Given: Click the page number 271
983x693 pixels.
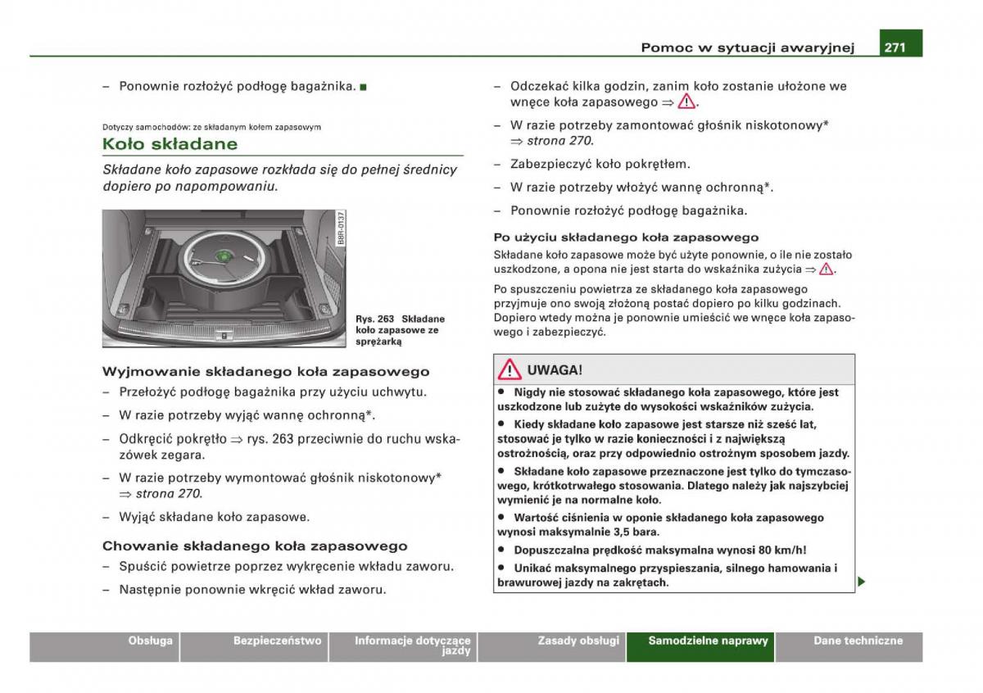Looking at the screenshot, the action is point(895,47).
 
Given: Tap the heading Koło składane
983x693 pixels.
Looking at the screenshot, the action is point(170,144).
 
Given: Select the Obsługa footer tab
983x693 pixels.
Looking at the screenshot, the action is point(105,646).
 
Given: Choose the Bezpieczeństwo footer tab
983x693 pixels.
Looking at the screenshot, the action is point(254,646).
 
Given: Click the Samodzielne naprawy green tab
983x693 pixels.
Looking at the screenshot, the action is point(700,646).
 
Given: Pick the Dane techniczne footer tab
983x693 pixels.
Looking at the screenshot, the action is point(849,646).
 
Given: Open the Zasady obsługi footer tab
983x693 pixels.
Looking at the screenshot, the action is point(551,646).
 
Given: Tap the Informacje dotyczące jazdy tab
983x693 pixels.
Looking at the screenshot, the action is point(402,646).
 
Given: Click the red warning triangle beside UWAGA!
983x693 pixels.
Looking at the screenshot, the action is point(509,369).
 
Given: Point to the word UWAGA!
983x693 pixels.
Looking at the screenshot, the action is point(555,370).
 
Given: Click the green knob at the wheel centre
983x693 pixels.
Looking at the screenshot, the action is point(224,256).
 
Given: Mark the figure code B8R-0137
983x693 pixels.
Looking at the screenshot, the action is point(341,228).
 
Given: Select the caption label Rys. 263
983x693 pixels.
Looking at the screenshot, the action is point(375,319).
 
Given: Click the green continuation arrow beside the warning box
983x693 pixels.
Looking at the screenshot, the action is point(862,582).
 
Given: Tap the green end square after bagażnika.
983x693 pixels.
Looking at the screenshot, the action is point(363,87).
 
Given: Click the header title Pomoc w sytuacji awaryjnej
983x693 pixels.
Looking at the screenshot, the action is point(748,48).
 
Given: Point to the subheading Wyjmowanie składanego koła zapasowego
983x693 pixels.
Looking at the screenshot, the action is point(266,372).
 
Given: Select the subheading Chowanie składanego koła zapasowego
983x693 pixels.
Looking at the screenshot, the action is point(255,546).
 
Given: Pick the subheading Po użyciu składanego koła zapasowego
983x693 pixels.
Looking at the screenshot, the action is point(626,238).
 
